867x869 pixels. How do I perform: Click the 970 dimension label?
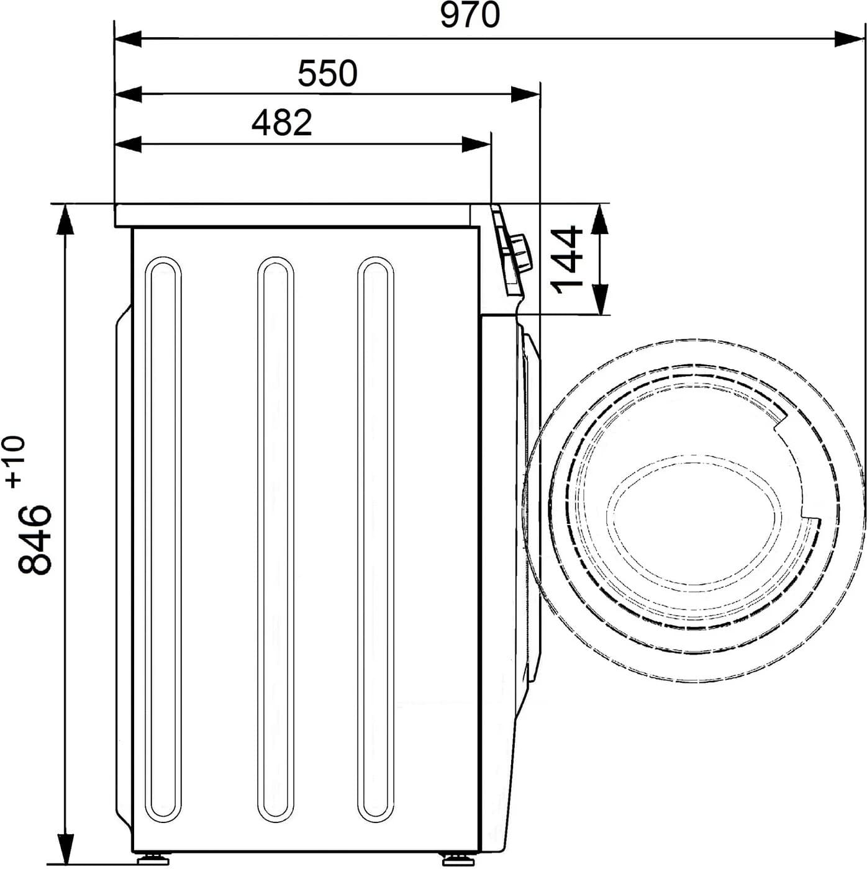pos(470,16)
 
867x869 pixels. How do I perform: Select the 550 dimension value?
pos(327,73)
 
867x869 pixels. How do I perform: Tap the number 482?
pos(281,122)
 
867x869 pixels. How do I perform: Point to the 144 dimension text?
pos(567,259)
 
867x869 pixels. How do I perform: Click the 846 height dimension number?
pos(34,539)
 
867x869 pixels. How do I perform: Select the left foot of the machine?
pos(153,859)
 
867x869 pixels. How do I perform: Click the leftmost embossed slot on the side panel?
pos(163,539)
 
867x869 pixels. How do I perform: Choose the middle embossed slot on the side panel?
pos(275,539)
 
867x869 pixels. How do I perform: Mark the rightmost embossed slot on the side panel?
pos(375,539)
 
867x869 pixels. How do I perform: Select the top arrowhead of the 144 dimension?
pos(599,218)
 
